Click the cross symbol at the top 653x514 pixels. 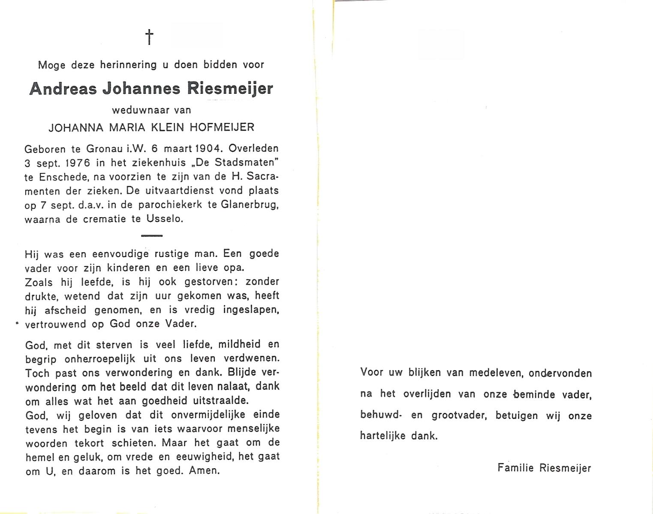149,37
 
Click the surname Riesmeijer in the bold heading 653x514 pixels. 229,89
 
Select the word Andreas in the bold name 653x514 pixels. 63,89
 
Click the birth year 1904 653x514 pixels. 208,149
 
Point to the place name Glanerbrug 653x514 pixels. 250,205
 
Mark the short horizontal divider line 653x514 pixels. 151,236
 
